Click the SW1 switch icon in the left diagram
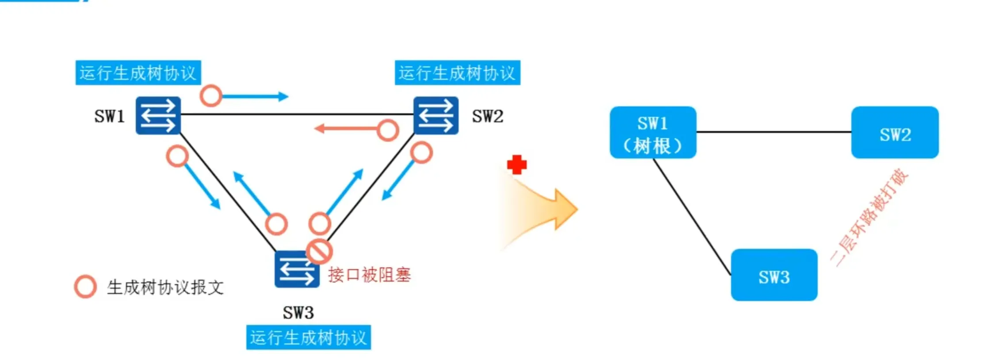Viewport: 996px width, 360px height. pos(158,115)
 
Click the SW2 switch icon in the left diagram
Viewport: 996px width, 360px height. pos(435,115)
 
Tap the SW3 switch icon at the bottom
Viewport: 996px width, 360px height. pos(296,270)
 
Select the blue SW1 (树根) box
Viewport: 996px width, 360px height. pos(653,132)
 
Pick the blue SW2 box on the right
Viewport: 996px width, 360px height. pos(894,132)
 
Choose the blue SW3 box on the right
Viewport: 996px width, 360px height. pos(774,275)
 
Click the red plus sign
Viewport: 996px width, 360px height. pos(517,165)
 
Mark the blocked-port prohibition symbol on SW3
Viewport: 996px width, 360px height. pos(319,251)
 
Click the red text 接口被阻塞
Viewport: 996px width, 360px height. pos(369,275)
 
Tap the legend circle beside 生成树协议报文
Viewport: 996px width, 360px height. pos(85,287)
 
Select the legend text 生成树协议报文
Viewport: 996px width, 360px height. pos(165,287)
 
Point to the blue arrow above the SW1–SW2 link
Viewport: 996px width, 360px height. pos(254,96)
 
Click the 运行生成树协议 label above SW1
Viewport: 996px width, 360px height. pos(138,73)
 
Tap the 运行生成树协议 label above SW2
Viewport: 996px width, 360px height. pos(457,73)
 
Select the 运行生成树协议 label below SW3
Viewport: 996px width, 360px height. pos(308,338)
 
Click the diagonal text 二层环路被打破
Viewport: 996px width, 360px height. pos(869,218)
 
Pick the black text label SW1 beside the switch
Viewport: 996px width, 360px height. pos(109,116)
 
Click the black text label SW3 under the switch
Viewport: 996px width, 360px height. pos(298,313)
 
